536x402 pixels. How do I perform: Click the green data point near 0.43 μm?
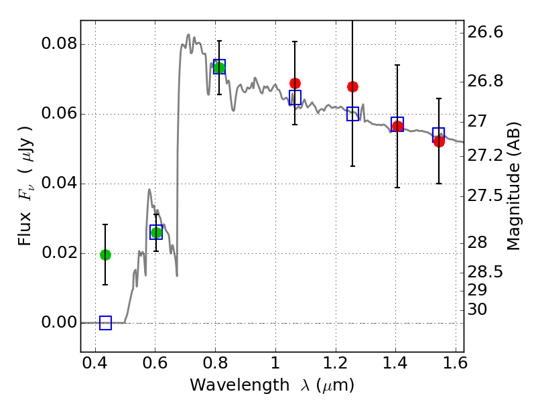click(x=105, y=255)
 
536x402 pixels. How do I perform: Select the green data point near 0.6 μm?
click(x=156, y=232)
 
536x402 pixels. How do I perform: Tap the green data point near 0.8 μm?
click(x=219, y=68)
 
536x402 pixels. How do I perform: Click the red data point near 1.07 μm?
click(x=295, y=83)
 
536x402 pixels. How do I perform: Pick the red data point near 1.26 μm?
click(x=352, y=86)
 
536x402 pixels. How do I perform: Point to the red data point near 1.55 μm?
click(x=439, y=141)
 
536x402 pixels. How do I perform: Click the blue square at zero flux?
click(x=105, y=323)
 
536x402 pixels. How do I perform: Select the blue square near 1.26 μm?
click(x=353, y=114)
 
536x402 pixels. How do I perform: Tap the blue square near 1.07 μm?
click(x=295, y=97)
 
